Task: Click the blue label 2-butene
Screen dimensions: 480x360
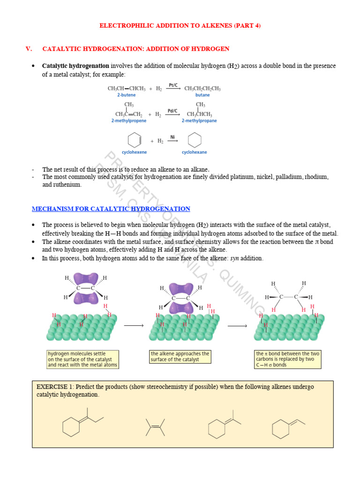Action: tap(126, 95)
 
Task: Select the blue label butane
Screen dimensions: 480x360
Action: tap(202, 95)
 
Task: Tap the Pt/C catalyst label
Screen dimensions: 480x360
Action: tap(173, 85)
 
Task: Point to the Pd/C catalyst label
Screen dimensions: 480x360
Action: tap(172, 111)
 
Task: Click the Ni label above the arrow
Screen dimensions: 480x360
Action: tap(172, 137)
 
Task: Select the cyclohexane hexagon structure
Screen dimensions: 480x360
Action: tap(195, 140)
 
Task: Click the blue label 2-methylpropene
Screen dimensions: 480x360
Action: tap(128, 120)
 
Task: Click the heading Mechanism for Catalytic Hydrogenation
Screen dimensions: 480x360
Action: tap(111, 209)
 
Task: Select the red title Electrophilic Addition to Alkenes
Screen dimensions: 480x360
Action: tap(180, 26)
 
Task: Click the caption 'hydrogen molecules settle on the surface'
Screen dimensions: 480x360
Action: tap(82, 359)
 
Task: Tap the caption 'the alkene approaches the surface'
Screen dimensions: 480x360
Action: tap(180, 356)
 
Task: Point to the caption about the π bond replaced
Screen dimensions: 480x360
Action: tap(287, 359)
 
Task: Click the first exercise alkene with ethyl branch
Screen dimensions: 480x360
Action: tap(82, 423)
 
